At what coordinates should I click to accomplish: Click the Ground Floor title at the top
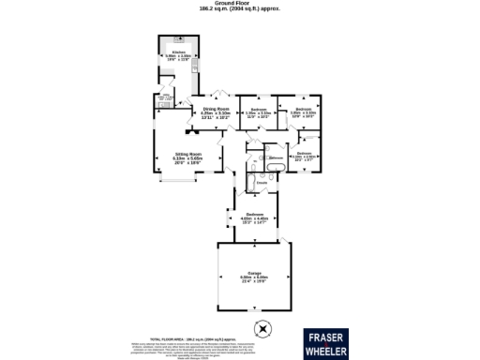click(239, 4)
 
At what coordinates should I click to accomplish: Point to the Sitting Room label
click(187, 153)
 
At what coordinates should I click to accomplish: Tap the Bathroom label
click(276, 157)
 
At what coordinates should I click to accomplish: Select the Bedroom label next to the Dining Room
click(258, 111)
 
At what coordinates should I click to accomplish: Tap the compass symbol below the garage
click(263, 329)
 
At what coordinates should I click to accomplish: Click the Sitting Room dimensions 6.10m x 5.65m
click(187, 158)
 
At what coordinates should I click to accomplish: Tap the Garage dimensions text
click(253, 279)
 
